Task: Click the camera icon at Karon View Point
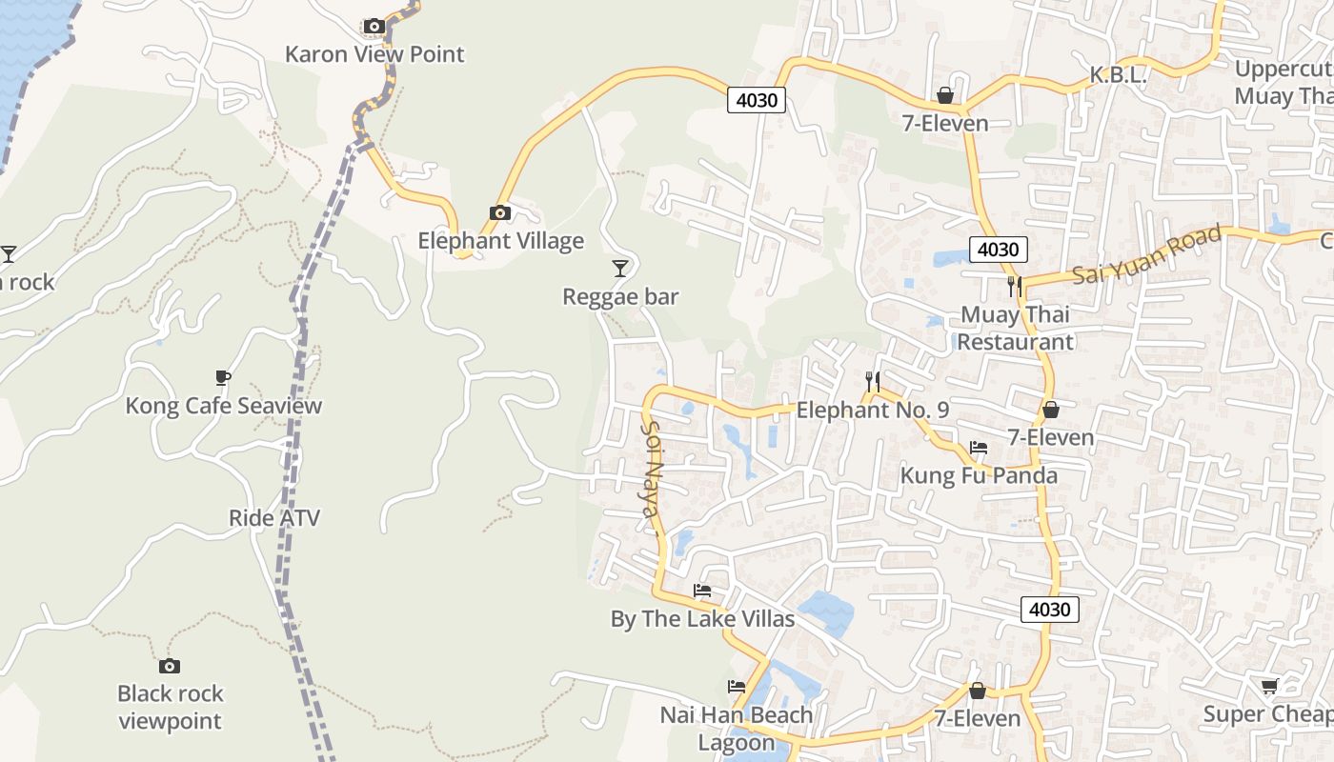coord(374,27)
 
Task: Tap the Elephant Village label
coord(500,241)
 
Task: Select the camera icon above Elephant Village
coord(500,212)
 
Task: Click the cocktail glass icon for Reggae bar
coord(620,269)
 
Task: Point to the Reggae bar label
coord(620,297)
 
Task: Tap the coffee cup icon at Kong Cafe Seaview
coord(223,378)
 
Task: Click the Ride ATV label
coord(274,518)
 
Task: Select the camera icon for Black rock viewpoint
coord(170,666)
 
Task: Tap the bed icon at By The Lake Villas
coord(702,591)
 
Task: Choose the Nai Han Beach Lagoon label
coord(737,729)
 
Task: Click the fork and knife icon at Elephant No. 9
coord(872,382)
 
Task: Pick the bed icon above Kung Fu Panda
coord(979,447)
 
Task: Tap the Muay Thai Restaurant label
coord(1015,328)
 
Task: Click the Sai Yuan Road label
coord(1146,254)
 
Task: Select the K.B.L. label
coord(1118,76)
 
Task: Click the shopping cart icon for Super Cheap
coord(1269,686)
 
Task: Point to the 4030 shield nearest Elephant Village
coord(757,99)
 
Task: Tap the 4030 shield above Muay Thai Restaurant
coord(999,250)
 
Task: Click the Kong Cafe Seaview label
coord(224,406)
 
